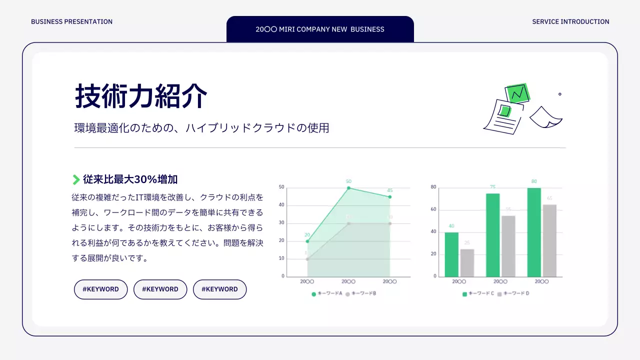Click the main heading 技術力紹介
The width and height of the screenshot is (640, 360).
tap(141, 96)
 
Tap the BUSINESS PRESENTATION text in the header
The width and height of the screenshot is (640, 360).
tap(71, 21)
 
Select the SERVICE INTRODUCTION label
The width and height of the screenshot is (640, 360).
tap(570, 21)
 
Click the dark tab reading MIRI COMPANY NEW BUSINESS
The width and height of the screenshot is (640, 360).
tap(320, 29)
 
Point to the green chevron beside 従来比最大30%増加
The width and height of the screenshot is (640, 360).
tap(76, 179)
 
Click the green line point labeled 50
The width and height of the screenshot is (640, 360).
tap(348, 188)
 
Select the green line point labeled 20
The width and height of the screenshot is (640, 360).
tap(307, 241)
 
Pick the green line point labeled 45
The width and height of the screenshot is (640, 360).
tap(389, 197)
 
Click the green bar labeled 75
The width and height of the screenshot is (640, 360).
tap(492, 235)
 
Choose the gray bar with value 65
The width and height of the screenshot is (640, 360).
tap(549, 240)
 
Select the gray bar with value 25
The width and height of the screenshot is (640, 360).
tap(467, 262)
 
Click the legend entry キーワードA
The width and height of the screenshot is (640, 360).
tap(327, 294)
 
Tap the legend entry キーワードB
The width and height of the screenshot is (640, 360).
tap(361, 294)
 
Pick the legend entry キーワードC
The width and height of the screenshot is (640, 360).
tap(478, 294)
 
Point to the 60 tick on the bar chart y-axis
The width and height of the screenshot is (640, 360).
tap(433, 209)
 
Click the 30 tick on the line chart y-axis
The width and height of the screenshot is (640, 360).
tap(281, 223)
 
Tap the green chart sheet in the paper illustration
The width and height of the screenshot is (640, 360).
tap(517, 93)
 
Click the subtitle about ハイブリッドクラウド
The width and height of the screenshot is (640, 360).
tap(201, 128)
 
